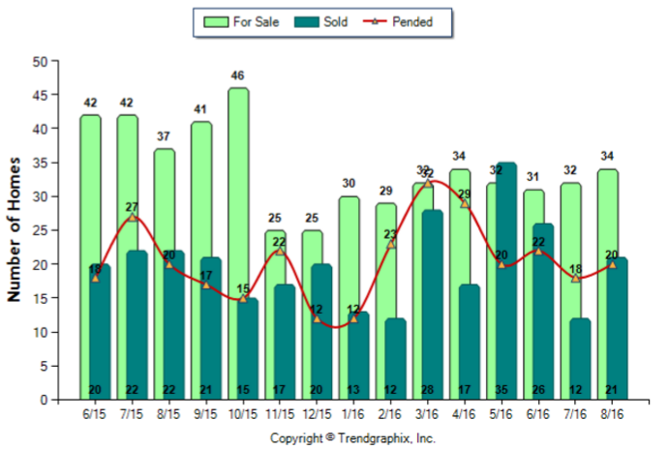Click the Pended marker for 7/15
[x=133, y=217]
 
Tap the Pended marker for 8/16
[x=612, y=264]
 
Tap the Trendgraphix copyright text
[x=352, y=437]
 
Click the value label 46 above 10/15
[x=238, y=75]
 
